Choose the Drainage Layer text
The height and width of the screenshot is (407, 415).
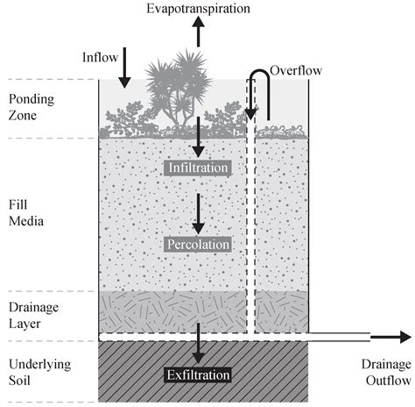coord(32,314)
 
